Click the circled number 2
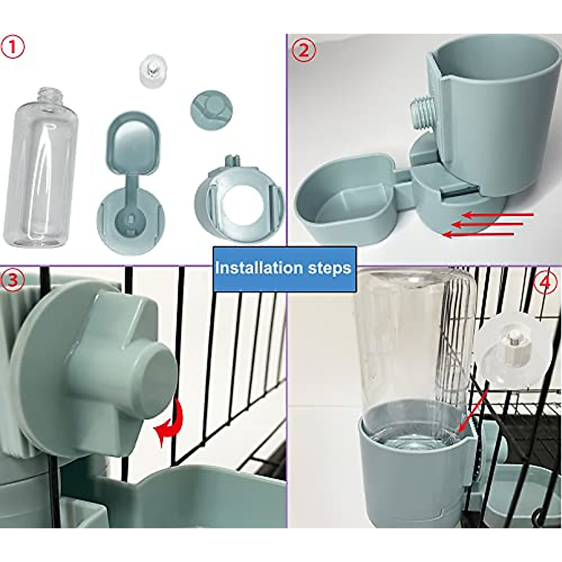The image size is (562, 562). pos(304,50)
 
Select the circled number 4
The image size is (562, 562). pos(545,283)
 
